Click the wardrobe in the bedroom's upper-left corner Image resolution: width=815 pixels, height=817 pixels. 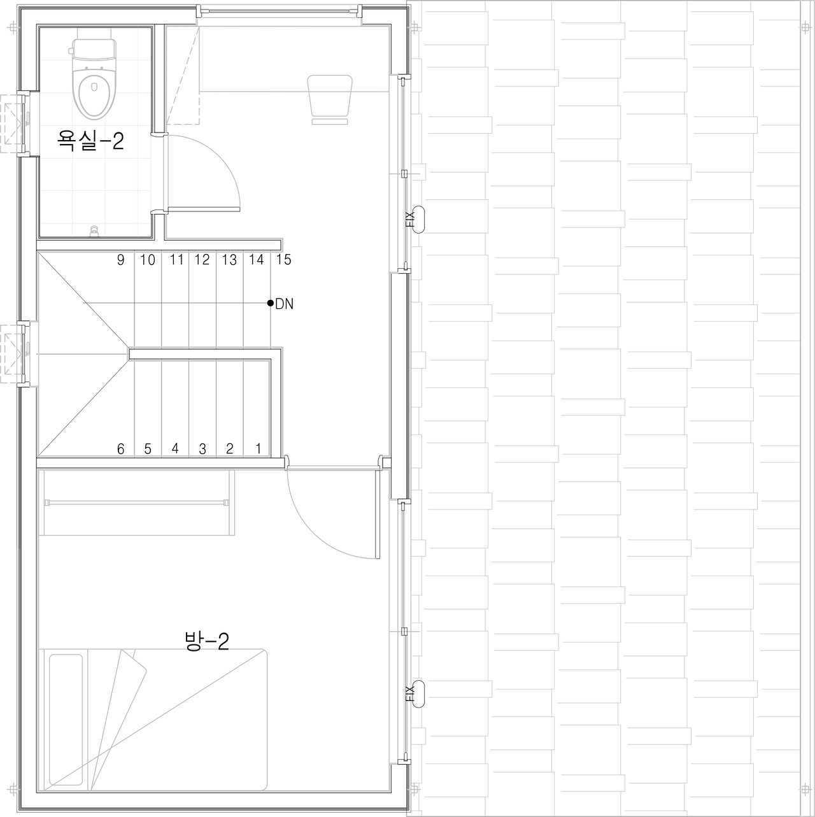(136, 503)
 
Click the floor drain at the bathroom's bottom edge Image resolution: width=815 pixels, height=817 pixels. (94, 231)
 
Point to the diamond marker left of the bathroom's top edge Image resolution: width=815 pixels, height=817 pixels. (12, 27)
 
